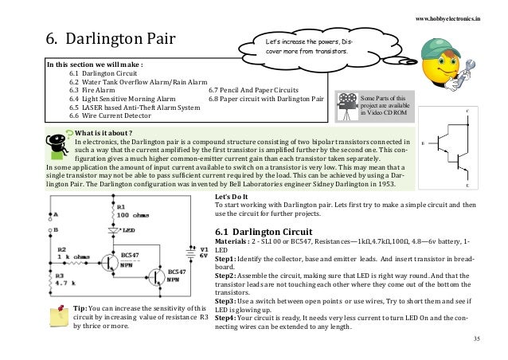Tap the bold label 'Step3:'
[229, 300]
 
